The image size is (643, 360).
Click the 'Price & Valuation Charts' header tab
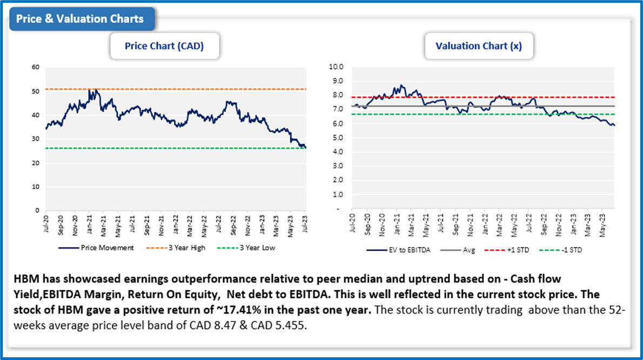click(80, 19)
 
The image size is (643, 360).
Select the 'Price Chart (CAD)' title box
click(164, 46)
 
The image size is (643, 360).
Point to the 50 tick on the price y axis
click(36, 91)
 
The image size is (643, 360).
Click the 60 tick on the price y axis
click(36, 68)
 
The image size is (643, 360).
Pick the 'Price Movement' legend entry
click(102, 248)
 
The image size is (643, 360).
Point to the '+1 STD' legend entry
click(510, 250)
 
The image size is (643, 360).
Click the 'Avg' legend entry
click(461, 250)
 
